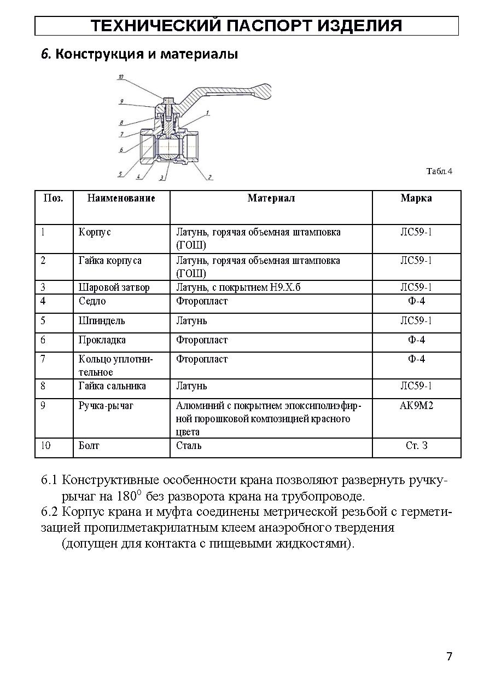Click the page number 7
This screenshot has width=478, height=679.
(x=449, y=657)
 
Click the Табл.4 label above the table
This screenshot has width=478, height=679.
(x=439, y=171)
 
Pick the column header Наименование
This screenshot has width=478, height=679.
(x=121, y=198)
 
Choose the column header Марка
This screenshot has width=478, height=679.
(x=416, y=198)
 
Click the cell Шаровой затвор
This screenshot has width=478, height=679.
(x=114, y=287)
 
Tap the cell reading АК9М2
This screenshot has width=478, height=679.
(x=416, y=406)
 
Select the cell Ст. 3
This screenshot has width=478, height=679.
(x=416, y=446)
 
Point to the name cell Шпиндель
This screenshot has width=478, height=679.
(x=101, y=321)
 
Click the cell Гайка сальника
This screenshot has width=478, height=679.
(x=112, y=386)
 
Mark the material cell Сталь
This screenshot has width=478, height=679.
(x=189, y=446)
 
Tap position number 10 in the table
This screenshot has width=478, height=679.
(x=46, y=446)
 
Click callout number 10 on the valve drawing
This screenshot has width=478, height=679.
(x=120, y=78)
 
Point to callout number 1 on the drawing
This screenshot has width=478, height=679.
(x=208, y=113)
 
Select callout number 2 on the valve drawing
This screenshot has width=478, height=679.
(x=209, y=177)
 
